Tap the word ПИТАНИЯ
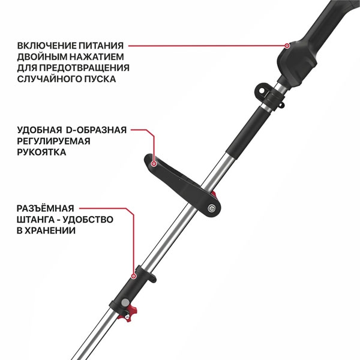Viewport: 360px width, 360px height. pyautogui.click(x=104, y=45)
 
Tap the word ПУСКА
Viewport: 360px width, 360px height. pyautogui.click(x=100, y=79)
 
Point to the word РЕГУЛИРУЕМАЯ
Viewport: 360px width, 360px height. pyautogui.click(x=53, y=141)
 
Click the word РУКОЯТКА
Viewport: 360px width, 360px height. pyautogui.click(x=41, y=152)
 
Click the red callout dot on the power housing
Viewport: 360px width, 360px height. pyautogui.click(x=287, y=45)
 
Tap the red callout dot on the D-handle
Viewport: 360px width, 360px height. pyautogui.click(x=154, y=162)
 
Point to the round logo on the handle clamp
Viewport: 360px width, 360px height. pyautogui.click(x=213, y=208)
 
